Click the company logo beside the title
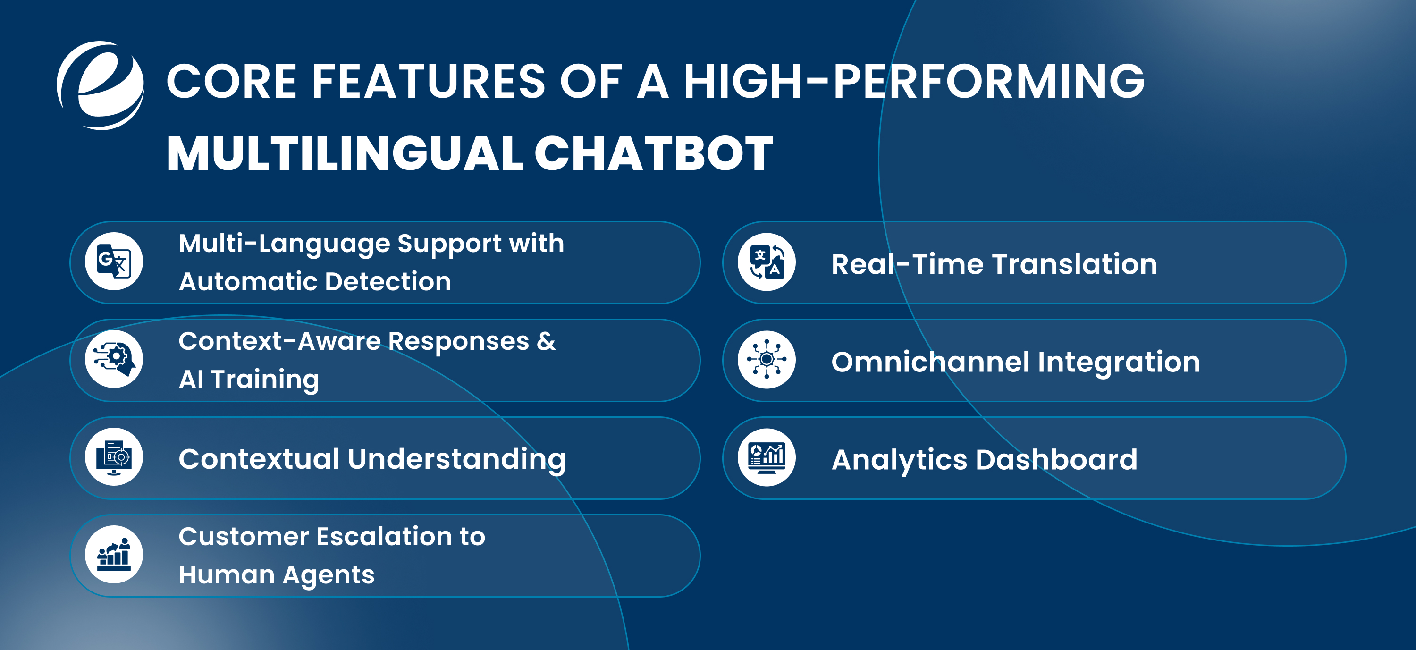tap(101, 85)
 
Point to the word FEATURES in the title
tap(428, 81)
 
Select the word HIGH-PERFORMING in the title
tap(914, 81)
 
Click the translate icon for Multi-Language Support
tap(114, 261)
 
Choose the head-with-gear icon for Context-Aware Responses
tap(114, 359)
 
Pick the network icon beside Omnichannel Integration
tap(766, 360)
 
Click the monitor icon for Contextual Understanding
tap(114, 457)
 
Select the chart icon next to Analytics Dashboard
tap(766, 457)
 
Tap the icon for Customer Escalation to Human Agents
tap(114, 554)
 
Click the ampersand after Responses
tap(545, 341)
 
